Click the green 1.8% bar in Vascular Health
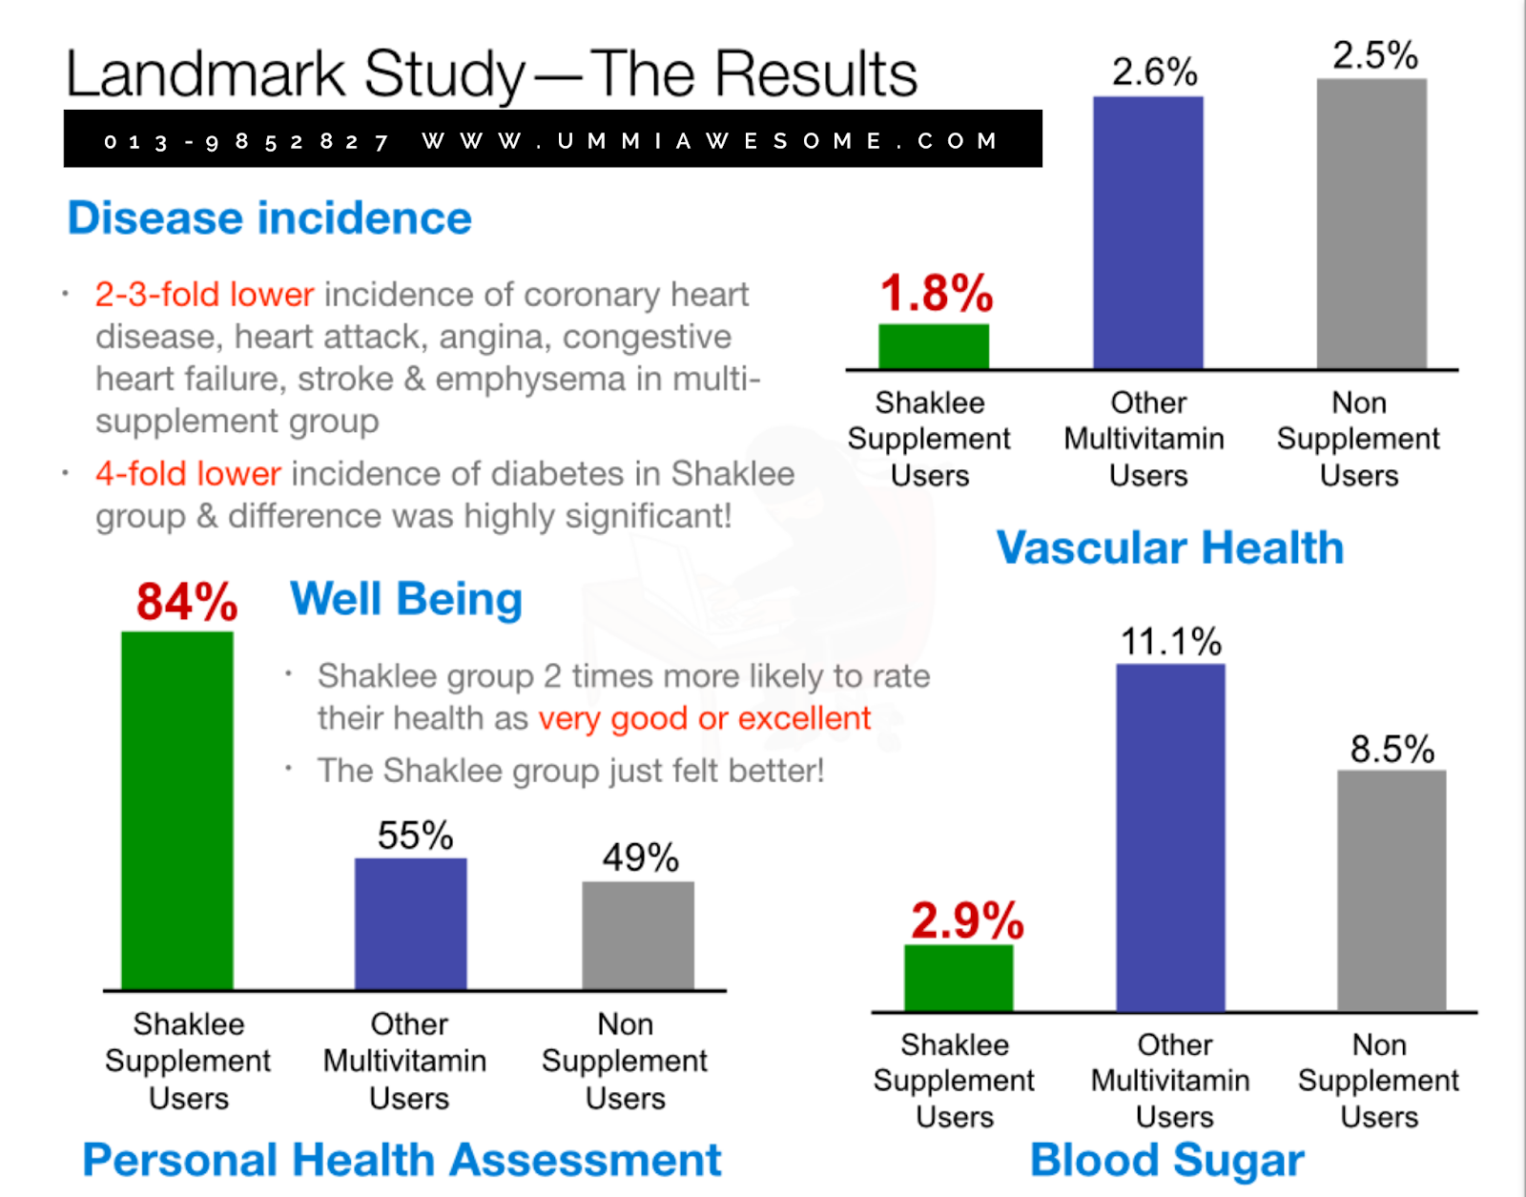pyautogui.click(x=933, y=346)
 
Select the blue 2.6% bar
pyautogui.click(x=1147, y=233)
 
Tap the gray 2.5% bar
pyautogui.click(x=1371, y=223)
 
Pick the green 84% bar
pyautogui.click(x=177, y=810)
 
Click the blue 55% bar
pyautogui.click(x=410, y=923)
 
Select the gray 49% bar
pyautogui.click(x=638, y=935)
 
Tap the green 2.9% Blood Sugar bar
pyautogui.click(x=958, y=978)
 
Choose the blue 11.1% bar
pyautogui.click(x=1170, y=837)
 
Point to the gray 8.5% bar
pyautogui.click(x=1392, y=890)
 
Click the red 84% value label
pyautogui.click(x=187, y=602)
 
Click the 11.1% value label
pyautogui.click(x=1170, y=642)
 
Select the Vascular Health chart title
pyautogui.click(x=1170, y=548)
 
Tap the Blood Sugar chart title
pyautogui.click(x=1166, y=1161)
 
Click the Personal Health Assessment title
pyautogui.click(x=402, y=1161)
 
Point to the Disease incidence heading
pyautogui.click(x=270, y=218)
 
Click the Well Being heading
pyautogui.click(x=406, y=600)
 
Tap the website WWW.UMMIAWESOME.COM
pyautogui.click(x=710, y=141)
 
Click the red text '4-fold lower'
pyautogui.click(x=188, y=474)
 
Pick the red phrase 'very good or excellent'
pyautogui.click(x=704, y=718)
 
